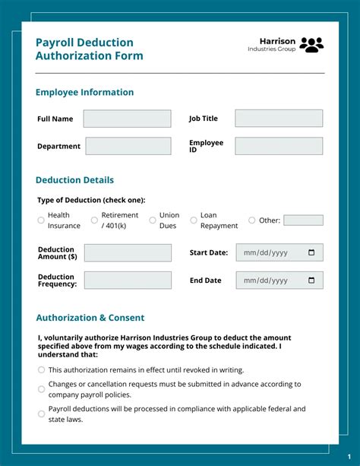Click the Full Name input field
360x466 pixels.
click(127, 119)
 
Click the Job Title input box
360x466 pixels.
click(278, 119)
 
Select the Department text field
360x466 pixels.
click(128, 146)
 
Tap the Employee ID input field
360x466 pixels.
click(278, 146)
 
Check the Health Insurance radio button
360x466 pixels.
click(41, 220)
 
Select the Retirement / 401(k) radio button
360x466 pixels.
click(94, 220)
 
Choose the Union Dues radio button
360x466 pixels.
click(153, 220)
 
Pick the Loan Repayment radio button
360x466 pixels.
click(194, 220)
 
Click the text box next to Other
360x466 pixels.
click(303, 220)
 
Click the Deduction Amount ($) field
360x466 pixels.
click(128, 253)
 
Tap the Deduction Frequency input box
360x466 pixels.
click(128, 281)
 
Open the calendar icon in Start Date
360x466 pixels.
click(311, 253)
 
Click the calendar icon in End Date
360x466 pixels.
click(311, 281)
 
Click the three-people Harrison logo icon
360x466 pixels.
click(311, 45)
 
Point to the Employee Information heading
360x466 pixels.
click(84, 92)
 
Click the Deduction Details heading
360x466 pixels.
click(74, 180)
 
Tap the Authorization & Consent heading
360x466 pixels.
click(90, 318)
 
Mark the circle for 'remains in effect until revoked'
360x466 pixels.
click(41, 370)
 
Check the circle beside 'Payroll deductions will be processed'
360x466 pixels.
click(41, 414)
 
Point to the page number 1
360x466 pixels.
click(349, 456)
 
